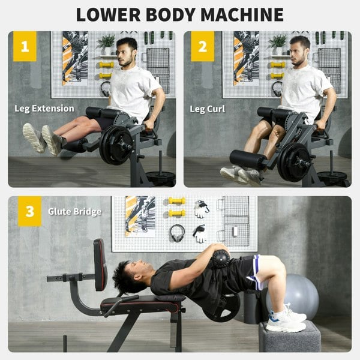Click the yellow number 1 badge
tap(25, 46)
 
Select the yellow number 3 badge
tap(29, 211)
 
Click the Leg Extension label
tap(44, 109)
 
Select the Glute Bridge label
tap(75, 211)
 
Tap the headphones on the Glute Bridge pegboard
tap(177, 232)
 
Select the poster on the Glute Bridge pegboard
tap(140, 215)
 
